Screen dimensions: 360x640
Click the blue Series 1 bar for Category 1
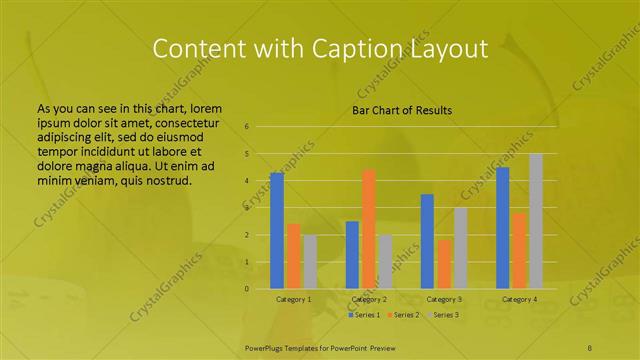[277, 231]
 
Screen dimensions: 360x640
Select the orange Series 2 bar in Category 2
[369, 229]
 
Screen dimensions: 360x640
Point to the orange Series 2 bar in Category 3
[444, 264]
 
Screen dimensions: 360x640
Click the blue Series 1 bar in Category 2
[352, 255]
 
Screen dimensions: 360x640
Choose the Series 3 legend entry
[440, 315]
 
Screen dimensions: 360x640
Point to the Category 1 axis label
[294, 299]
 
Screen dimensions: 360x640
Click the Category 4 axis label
[519, 299]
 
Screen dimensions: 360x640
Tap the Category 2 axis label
[369, 299]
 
